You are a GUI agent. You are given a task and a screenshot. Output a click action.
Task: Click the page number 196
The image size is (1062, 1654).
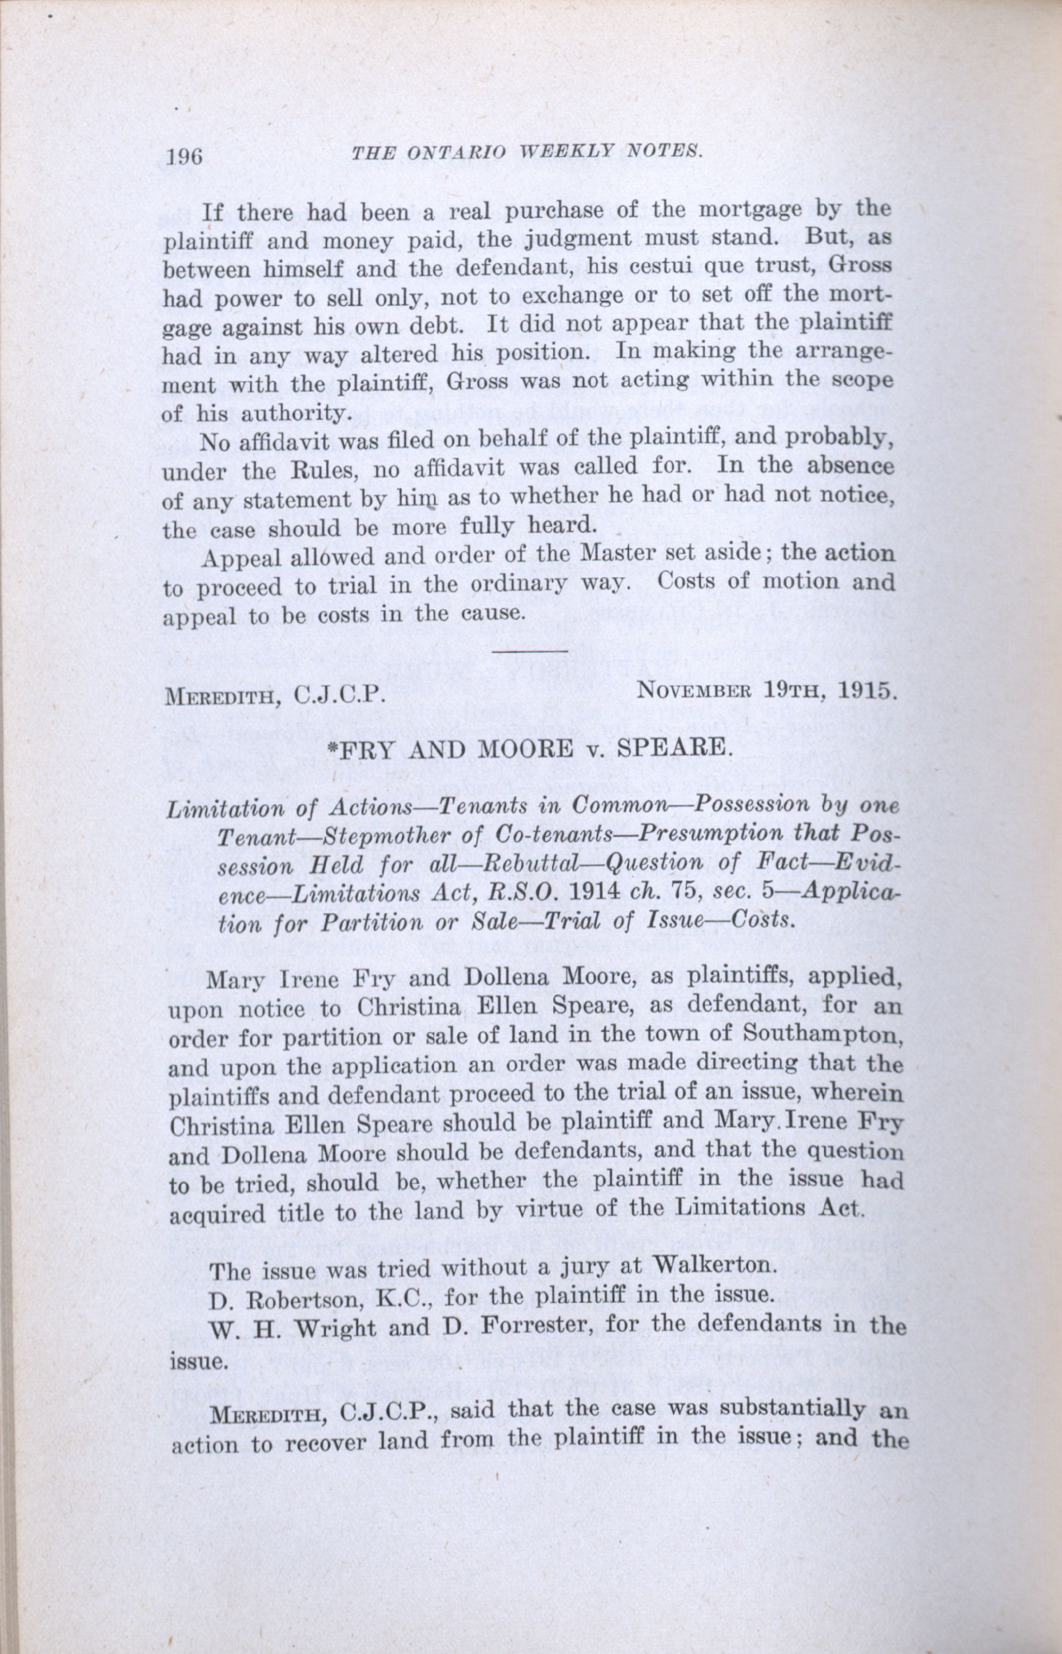(x=184, y=157)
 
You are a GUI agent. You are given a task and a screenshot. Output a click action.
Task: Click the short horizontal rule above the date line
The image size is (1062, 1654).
(x=531, y=651)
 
